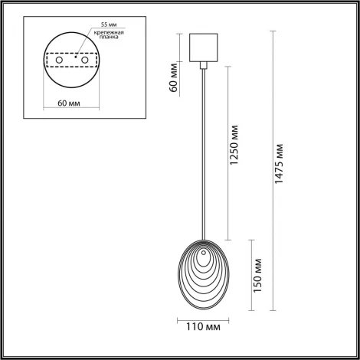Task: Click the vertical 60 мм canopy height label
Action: point(175,77)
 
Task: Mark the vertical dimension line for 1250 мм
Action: point(227,153)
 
